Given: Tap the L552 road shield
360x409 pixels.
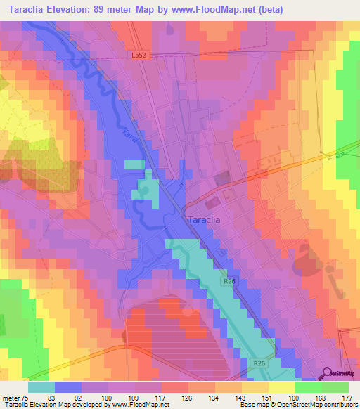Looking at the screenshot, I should [x=139, y=55].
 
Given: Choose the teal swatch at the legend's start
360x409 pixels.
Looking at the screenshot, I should [x=41, y=387].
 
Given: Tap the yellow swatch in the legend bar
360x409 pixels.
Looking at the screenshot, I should [x=281, y=387].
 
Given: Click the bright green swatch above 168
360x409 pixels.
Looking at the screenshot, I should [x=308, y=387].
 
